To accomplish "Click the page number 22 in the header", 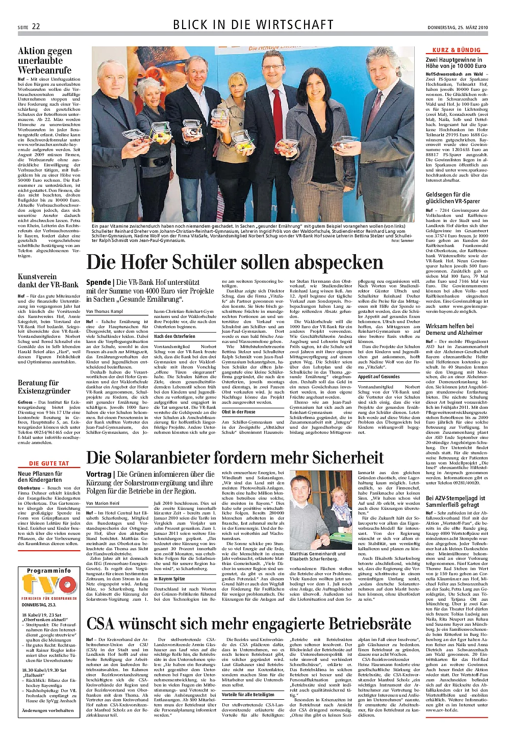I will click(x=36, y=26).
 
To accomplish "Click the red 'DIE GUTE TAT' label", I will click(x=49, y=463).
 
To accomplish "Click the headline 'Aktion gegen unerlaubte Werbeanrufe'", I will click(x=45, y=60).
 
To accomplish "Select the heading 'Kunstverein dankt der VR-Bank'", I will click(x=48, y=281).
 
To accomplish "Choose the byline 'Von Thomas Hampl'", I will click(x=105, y=311).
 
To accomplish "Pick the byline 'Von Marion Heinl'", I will click(x=103, y=503).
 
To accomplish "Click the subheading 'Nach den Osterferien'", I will click(x=174, y=336).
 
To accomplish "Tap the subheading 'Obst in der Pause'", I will click(x=239, y=412).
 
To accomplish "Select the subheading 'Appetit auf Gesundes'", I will click(x=378, y=377).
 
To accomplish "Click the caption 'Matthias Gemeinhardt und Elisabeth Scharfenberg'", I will click(x=317, y=556).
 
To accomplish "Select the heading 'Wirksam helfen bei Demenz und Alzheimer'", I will click(x=450, y=329).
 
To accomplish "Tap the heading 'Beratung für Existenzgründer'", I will click(x=44, y=387).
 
